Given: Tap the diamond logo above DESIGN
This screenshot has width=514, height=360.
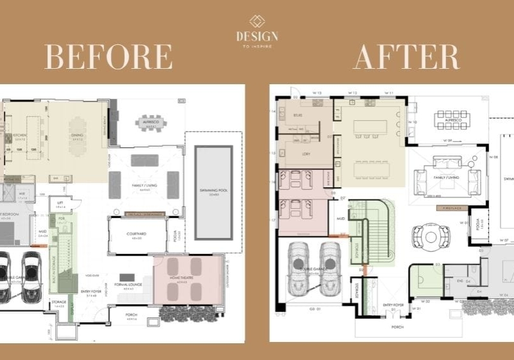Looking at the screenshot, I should point(257,21).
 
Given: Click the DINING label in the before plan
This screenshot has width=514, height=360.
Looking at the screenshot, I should point(78,137).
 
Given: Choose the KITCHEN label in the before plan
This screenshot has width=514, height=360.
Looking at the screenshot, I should point(20,137).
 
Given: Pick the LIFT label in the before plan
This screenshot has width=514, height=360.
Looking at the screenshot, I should point(60,203).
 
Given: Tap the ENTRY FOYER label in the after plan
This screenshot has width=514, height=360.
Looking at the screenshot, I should point(393,305).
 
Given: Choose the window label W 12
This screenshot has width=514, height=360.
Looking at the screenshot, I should point(353,93).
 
